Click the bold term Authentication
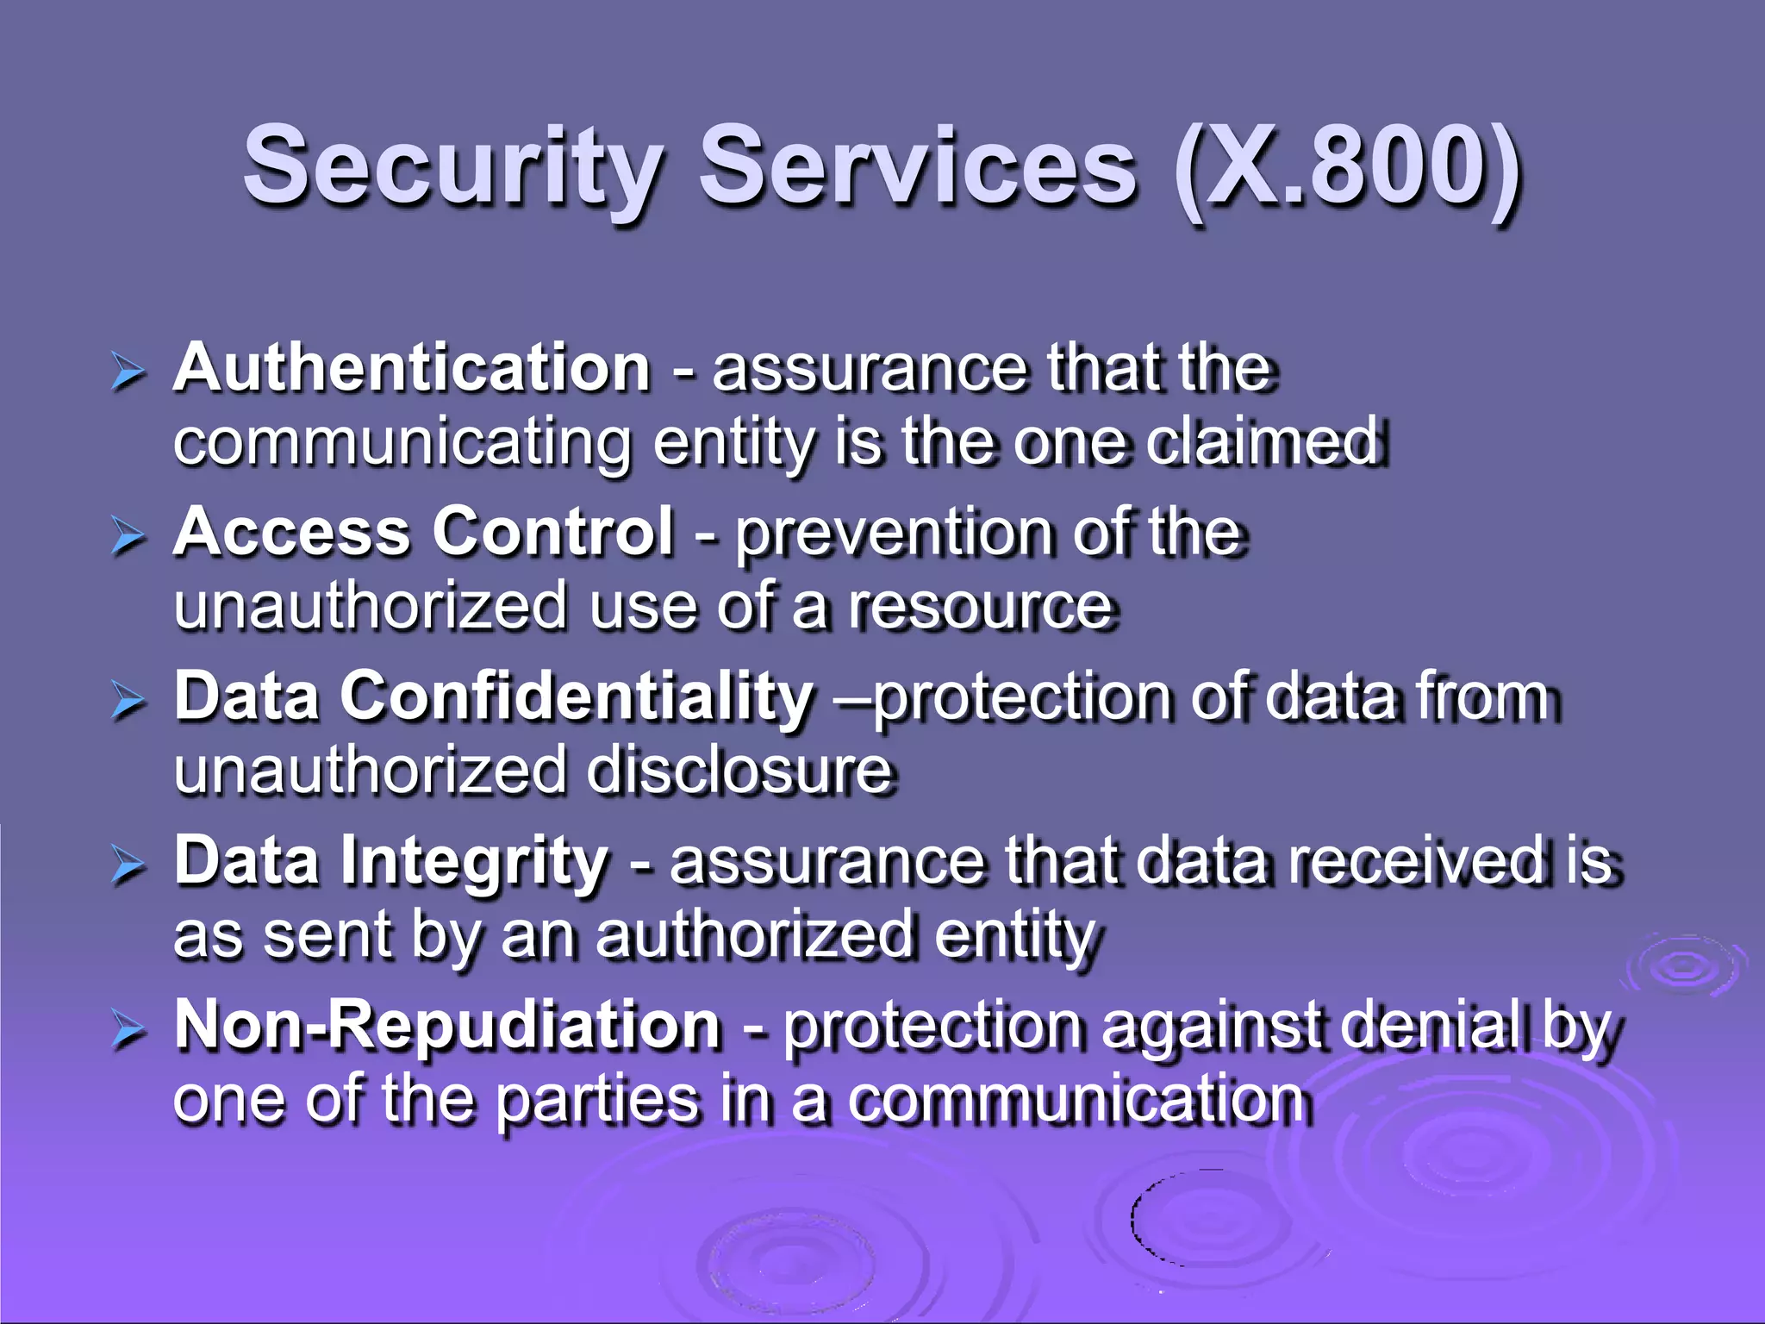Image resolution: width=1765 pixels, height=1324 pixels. click(x=412, y=368)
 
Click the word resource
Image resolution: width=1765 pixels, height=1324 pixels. click(x=982, y=606)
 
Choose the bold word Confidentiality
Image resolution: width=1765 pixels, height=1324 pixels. click(x=577, y=696)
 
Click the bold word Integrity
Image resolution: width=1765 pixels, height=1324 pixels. click(x=475, y=862)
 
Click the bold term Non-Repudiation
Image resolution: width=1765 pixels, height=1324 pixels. click(x=447, y=1026)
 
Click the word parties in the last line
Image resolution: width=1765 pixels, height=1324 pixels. click(x=598, y=1101)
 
